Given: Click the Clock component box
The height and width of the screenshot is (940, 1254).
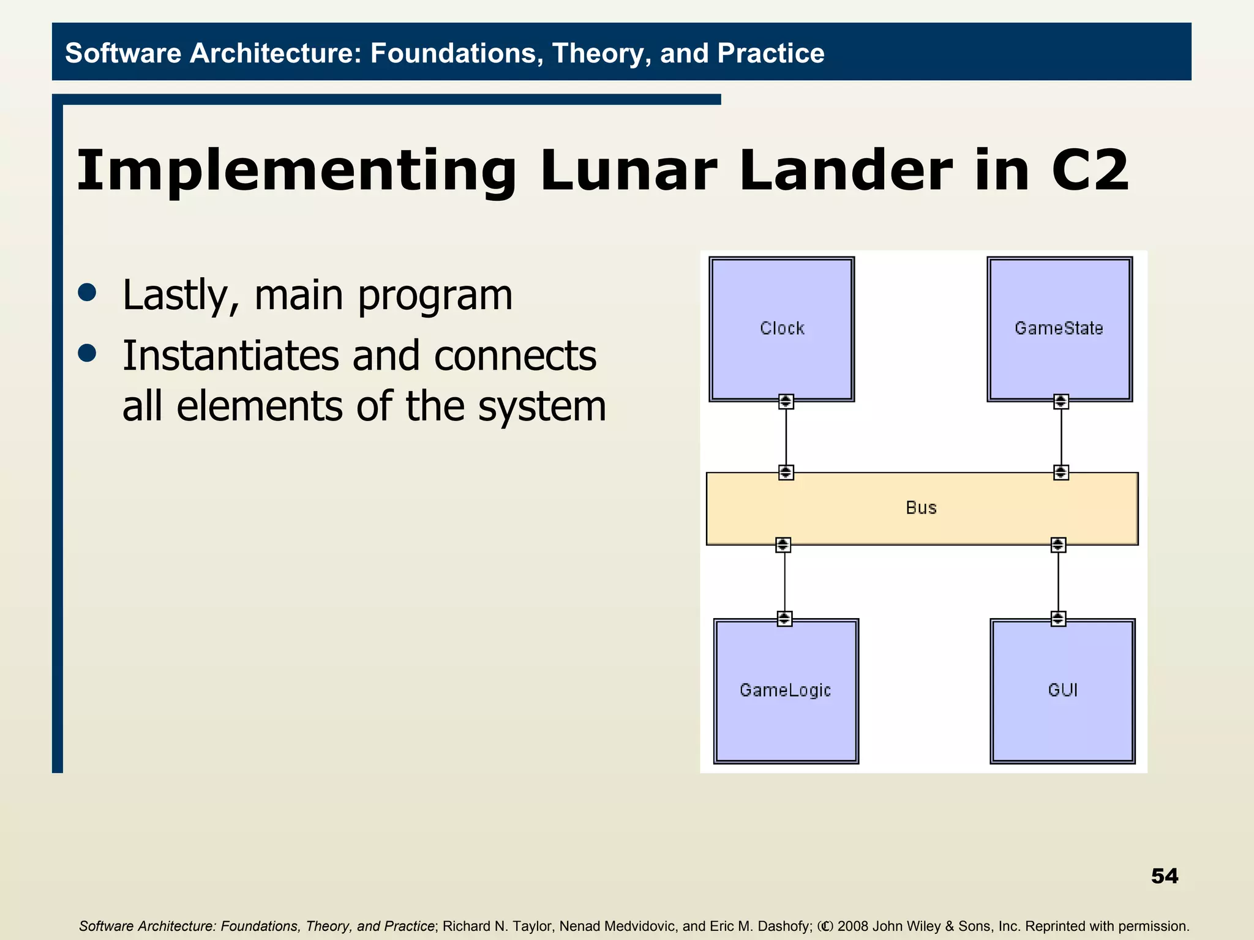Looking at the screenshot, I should [x=781, y=329].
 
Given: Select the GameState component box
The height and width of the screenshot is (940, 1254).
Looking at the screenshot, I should [x=1059, y=329].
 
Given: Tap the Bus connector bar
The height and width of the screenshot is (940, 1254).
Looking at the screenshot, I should [x=922, y=508].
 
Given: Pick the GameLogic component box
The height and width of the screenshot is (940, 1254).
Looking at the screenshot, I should [x=786, y=691].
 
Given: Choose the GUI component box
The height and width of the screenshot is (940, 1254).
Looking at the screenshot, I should [x=1062, y=691].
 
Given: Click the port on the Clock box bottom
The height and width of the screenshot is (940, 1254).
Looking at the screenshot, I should [x=786, y=401].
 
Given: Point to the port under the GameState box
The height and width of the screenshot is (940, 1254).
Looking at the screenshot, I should [x=1061, y=401].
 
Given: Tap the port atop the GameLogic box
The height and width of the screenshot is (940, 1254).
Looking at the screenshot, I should [x=784, y=619].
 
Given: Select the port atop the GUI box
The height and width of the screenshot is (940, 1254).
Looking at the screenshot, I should [x=1058, y=619].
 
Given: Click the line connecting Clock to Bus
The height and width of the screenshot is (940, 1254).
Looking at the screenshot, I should [x=786, y=437].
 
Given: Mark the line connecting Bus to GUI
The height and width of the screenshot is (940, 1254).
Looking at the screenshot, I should [x=1058, y=581].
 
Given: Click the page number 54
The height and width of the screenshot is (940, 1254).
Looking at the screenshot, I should [x=1164, y=876].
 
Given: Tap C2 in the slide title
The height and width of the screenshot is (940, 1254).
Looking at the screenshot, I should [x=1089, y=171].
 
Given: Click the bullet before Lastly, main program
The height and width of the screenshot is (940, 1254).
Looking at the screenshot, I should [x=88, y=293].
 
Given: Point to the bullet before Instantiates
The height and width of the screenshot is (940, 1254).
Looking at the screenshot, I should [x=88, y=353].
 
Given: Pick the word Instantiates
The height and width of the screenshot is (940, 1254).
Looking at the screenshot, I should [x=230, y=356].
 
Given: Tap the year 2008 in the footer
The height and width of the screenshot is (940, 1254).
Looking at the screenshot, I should [x=853, y=926].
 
